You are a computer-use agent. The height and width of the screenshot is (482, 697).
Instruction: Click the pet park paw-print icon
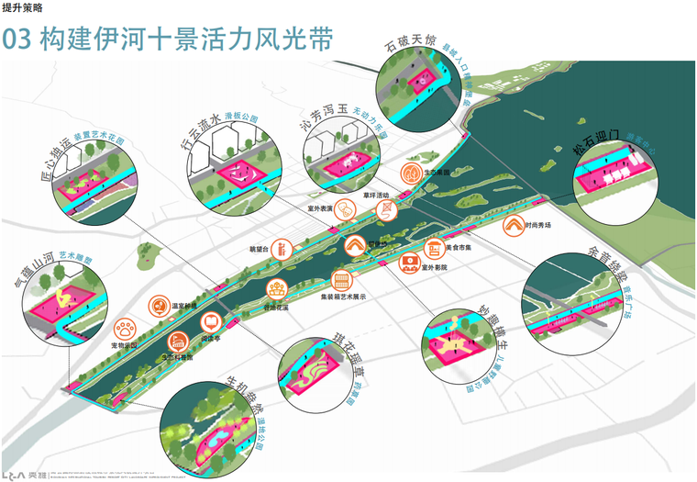pyautogui.click(x=124, y=328)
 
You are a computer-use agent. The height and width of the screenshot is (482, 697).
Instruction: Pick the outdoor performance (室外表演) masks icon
pyautogui.click(x=344, y=209)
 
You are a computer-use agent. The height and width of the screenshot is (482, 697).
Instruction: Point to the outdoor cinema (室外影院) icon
pyautogui.click(x=407, y=263)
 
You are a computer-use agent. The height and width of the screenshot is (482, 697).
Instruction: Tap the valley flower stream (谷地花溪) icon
pyautogui.click(x=273, y=289)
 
